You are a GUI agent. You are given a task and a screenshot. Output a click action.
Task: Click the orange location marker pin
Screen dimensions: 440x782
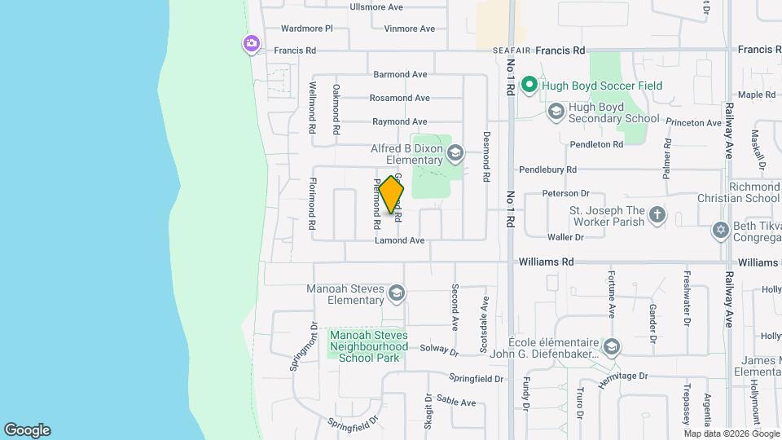(x=391, y=194)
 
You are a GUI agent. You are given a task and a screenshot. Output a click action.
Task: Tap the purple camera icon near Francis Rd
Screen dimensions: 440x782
(x=252, y=43)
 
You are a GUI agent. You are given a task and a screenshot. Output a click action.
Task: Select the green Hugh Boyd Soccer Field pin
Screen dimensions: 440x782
(x=529, y=85)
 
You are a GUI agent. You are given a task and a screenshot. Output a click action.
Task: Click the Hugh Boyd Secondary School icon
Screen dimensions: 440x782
(x=556, y=111)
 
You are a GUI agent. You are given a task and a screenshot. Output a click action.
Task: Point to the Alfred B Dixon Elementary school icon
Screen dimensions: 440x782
(x=455, y=152)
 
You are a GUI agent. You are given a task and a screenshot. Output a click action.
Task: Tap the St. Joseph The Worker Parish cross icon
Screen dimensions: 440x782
(x=657, y=216)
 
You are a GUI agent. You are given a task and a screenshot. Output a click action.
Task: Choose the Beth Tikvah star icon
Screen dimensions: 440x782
(x=719, y=230)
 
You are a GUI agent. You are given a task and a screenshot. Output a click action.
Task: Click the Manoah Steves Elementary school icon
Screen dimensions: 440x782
(x=396, y=293)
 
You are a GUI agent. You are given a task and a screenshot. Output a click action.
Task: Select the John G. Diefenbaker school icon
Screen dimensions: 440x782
(x=611, y=348)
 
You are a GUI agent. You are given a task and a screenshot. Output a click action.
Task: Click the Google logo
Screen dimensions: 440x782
(x=27, y=430)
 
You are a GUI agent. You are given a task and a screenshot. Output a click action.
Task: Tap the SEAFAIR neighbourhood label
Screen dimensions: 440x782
(x=513, y=51)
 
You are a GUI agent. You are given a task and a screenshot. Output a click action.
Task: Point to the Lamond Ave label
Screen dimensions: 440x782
(x=399, y=240)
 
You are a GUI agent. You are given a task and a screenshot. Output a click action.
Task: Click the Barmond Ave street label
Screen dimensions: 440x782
(x=400, y=74)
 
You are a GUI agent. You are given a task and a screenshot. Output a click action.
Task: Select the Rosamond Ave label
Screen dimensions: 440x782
(x=399, y=98)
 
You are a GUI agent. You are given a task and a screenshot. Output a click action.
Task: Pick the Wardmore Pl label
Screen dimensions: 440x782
(x=306, y=29)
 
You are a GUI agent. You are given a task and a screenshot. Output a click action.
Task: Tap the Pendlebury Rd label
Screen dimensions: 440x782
(x=549, y=169)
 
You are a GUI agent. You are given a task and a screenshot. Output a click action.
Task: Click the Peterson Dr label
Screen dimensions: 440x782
(x=566, y=193)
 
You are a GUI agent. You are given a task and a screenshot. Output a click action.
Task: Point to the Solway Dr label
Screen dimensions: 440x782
(x=439, y=349)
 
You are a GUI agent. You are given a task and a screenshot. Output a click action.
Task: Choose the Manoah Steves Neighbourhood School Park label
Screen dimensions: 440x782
(x=368, y=345)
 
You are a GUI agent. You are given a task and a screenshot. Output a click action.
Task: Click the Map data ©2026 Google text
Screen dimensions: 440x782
(x=731, y=433)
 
